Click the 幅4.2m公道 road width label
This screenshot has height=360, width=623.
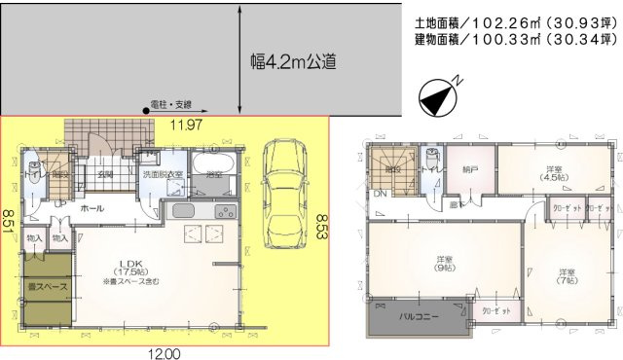[x=293, y=61]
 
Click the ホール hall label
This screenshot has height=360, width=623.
[x=92, y=208]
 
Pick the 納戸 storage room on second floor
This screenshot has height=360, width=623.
[x=471, y=169]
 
